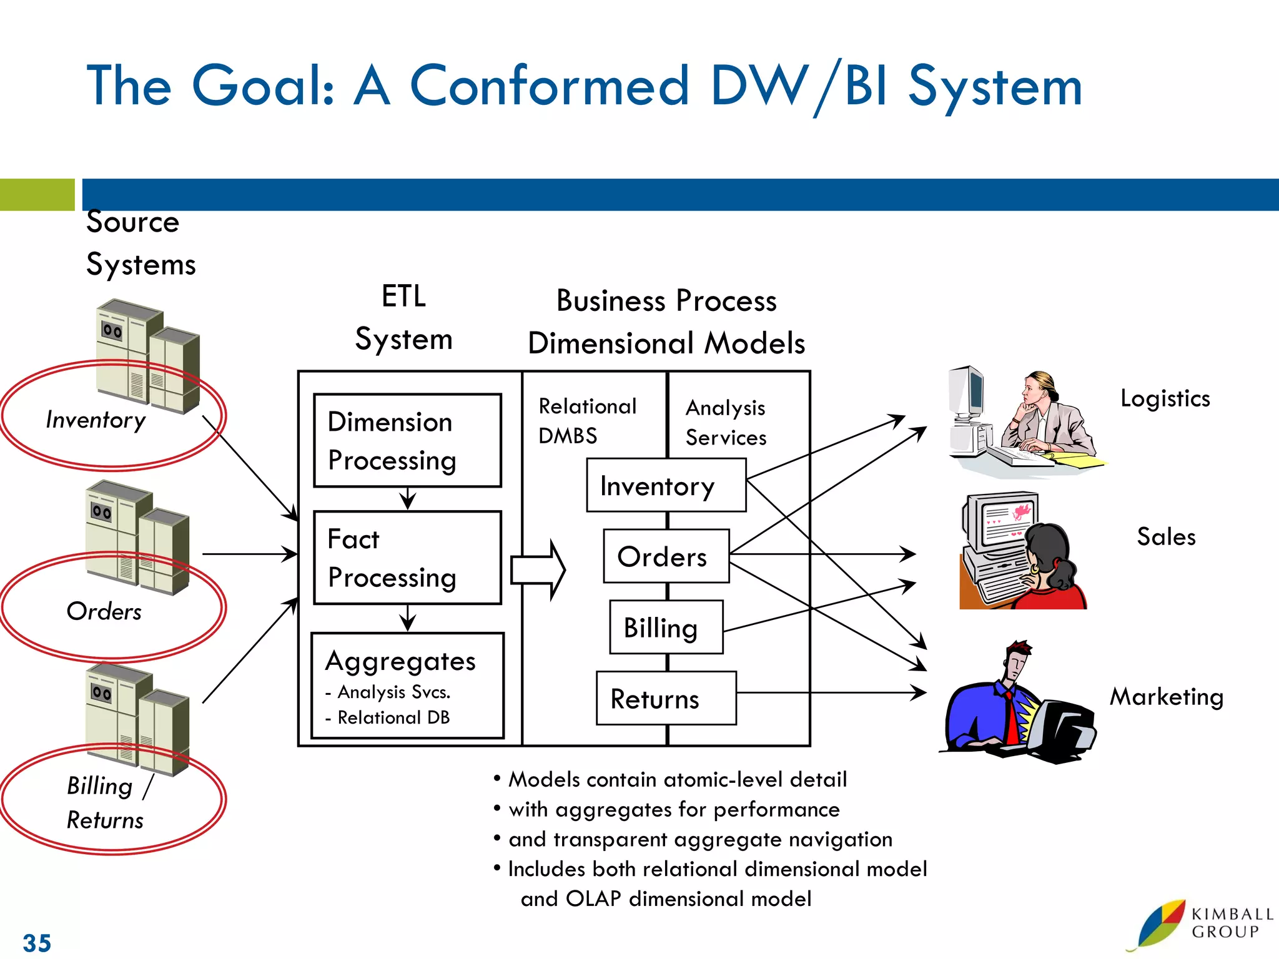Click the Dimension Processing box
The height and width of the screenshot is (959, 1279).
click(x=407, y=440)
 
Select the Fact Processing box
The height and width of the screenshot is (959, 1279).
click(x=407, y=558)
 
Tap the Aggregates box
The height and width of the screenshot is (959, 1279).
click(x=407, y=686)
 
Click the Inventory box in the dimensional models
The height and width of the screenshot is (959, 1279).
click(x=666, y=486)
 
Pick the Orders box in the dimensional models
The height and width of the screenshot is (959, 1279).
click(x=666, y=556)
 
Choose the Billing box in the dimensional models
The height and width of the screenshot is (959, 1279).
click(x=666, y=627)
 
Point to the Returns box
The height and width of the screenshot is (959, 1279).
click(x=666, y=699)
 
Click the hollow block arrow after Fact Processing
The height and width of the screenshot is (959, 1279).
click(x=538, y=570)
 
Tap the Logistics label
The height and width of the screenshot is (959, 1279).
click(x=1165, y=398)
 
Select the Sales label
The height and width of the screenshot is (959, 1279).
click(x=1166, y=537)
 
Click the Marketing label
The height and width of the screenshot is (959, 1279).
click(x=1166, y=697)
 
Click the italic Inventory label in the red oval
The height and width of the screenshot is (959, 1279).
click(x=96, y=420)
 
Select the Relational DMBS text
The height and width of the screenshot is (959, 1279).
click(x=587, y=421)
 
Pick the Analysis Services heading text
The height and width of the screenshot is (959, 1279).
click(x=726, y=423)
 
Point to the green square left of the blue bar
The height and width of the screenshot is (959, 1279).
click(x=37, y=195)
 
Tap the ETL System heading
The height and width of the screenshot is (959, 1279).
click(x=403, y=318)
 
